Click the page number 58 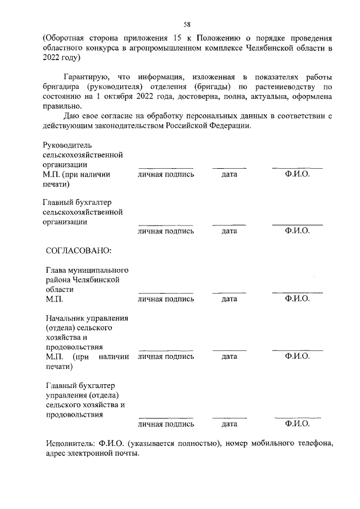pyautogui.click(x=187, y=24)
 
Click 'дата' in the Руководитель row pyautogui.click(x=229, y=174)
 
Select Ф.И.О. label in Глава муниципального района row pyautogui.click(x=298, y=299)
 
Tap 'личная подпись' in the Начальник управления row pyautogui.click(x=166, y=356)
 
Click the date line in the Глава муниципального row pyautogui.click(x=229, y=292)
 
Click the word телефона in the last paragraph pyautogui.click(x=316, y=443)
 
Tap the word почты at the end pyautogui.click(x=125, y=453)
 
